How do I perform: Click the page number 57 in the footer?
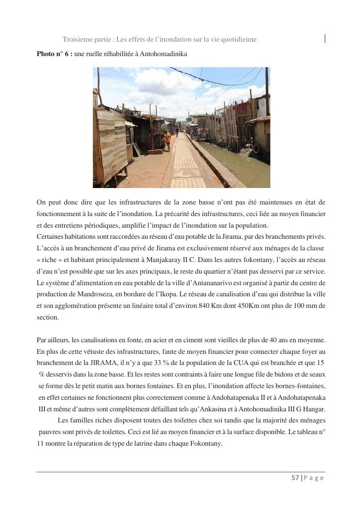(x=295, y=478)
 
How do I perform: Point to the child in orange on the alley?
(x=167, y=140)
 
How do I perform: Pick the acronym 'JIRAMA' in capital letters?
(x=95, y=363)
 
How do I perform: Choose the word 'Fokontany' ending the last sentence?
(x=206, y=443)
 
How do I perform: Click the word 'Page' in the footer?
(x=315, y=478)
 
